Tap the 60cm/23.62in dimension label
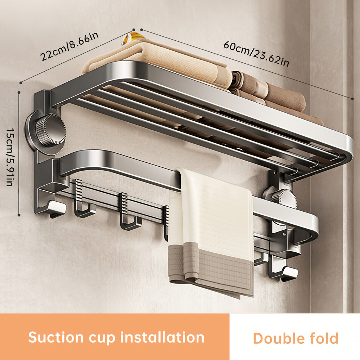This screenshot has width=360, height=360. click(x=256, y=53)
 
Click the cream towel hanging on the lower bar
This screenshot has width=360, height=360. click(x=212, y=212)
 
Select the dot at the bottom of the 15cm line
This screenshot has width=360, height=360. click(x=19, y=215)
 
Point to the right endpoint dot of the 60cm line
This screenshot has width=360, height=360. click(x=354, y=98)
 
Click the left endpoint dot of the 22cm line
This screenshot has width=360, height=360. click(x=21, y=82)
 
